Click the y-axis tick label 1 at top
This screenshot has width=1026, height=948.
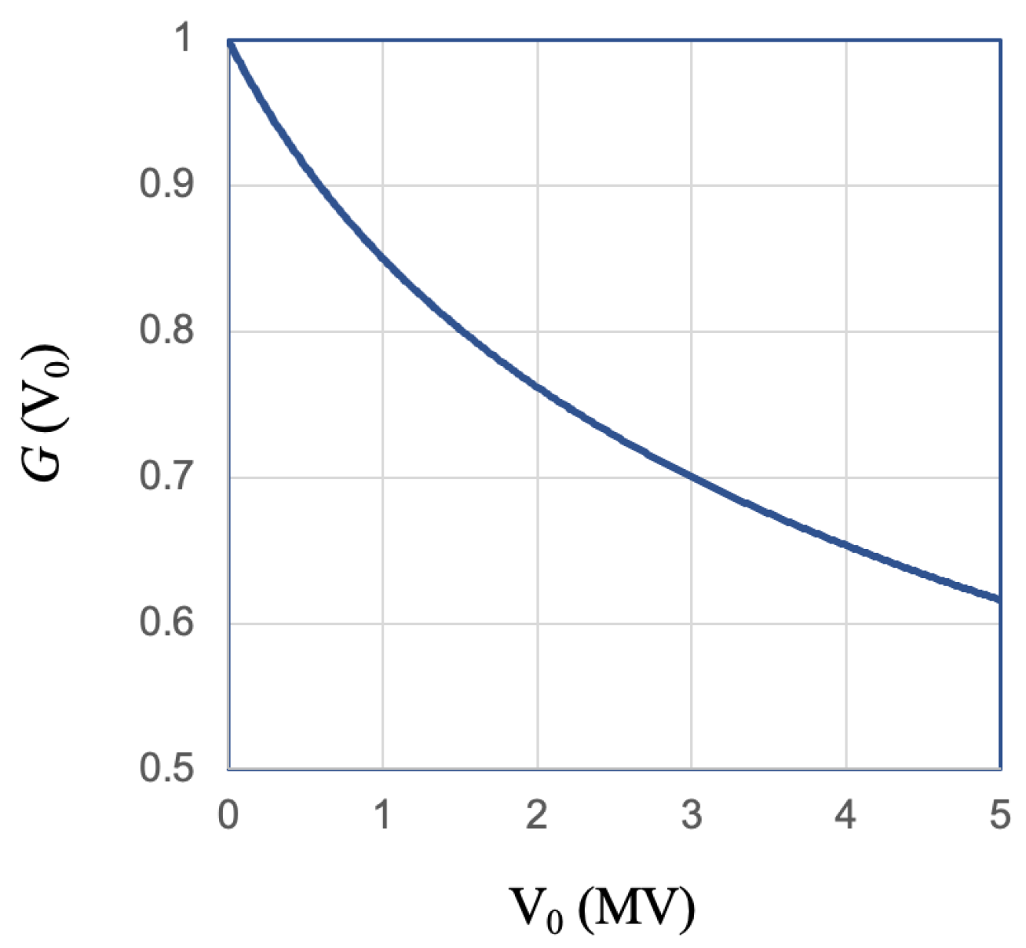pos(184,38)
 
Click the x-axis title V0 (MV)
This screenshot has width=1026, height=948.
pos(603,909)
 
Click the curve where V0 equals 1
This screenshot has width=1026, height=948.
pos(383,259)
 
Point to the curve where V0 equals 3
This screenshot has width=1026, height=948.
pos(692,477)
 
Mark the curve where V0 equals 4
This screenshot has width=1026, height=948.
pos(845,545)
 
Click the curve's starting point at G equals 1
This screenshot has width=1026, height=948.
pos(230,42)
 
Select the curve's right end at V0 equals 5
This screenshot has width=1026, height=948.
pos(998,600)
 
